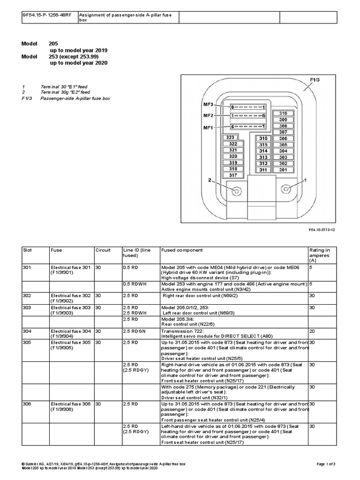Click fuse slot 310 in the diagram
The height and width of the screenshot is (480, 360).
click(283, 114)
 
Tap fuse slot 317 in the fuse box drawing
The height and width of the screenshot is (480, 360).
click(233, 175)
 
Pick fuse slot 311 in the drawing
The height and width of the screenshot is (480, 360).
click(263, 170)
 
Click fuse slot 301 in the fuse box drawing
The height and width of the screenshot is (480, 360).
click(283, 170)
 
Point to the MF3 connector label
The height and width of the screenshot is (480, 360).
click(208, 104)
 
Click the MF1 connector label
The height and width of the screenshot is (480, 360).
click(208, 127)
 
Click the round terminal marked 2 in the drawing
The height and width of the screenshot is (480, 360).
click(236, 191)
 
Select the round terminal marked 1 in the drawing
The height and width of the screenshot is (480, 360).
click(286, 188)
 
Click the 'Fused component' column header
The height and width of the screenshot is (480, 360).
click(175, 250)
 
